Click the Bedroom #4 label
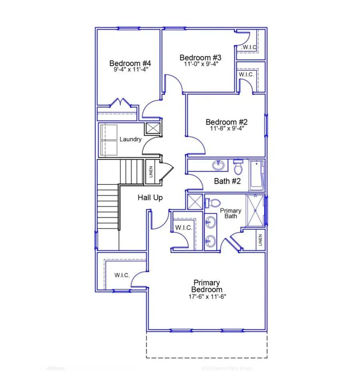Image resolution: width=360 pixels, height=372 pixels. point(130,63)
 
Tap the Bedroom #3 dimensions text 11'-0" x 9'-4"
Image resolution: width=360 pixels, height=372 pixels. point(201,64)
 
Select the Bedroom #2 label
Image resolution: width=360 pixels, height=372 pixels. point(227,122)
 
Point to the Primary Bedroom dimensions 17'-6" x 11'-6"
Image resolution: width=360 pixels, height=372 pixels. point(207,297)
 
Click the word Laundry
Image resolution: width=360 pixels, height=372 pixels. point(130,139)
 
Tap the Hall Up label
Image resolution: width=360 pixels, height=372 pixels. point(150,197)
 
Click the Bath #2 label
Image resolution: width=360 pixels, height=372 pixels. point(227,181)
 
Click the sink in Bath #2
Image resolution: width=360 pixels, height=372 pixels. point(218,164)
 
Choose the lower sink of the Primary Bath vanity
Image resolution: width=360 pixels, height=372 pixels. point(210,240)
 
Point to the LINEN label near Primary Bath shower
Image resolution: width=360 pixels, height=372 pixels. point(260,240)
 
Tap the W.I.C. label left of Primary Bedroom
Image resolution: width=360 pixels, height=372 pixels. point(122,275)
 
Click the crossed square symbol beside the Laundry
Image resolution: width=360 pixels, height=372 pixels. point(152,128)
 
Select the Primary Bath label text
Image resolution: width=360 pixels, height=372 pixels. point(231,213)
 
